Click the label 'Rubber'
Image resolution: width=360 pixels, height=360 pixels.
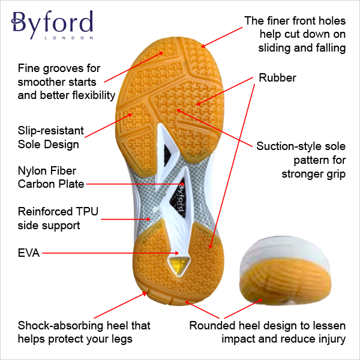(277, 78)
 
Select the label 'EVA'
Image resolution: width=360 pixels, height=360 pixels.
(29, 253)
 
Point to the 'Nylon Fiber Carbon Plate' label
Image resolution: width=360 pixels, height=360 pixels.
(51, 178)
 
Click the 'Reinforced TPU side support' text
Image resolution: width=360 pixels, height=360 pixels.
(58, 218)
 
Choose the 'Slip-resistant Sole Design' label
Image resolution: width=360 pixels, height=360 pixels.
(51, 137)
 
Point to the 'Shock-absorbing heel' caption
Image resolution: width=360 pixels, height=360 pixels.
(84, 332)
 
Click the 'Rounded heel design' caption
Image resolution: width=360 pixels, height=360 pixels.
(267, 332)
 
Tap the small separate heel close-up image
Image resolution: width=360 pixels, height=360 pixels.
(284, 273)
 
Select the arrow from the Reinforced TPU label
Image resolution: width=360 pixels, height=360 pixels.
(126, 219)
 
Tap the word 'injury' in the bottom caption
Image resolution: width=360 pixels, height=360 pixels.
(330, 339)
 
